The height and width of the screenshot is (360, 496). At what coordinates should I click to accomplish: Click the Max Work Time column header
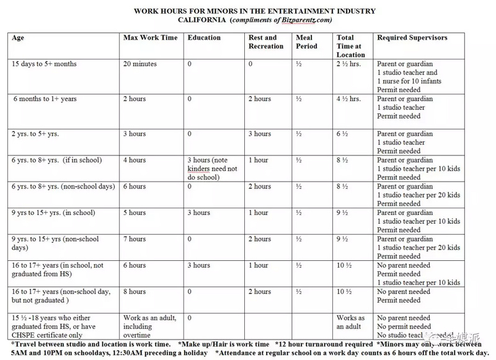[x=150, y=38]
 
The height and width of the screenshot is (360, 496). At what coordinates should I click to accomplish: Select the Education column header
[x=204, y=38]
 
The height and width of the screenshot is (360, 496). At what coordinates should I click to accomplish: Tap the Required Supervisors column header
[x=412, y=38]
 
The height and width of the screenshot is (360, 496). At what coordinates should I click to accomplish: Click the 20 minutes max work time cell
[x=140, y=64]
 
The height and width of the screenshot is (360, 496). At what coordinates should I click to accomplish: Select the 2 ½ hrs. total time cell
[x=348, y=64]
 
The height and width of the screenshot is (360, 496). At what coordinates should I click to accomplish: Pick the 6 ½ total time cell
[x=343, y=134]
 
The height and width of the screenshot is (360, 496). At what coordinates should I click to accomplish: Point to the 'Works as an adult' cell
[x=351, y=322]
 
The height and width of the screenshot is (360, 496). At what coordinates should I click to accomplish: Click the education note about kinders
[x=212, y=169]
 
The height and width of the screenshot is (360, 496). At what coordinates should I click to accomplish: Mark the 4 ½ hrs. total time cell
[x=348, y=99]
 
